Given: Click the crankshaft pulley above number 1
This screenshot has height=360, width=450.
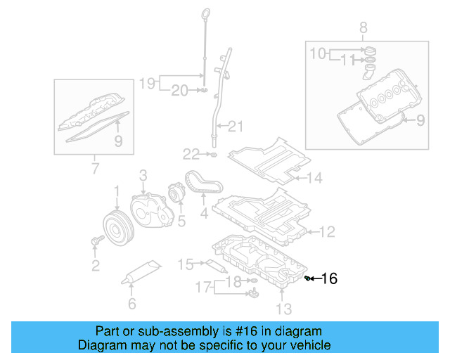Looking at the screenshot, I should [116, 226].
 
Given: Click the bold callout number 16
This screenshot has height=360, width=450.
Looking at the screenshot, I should [329, 279].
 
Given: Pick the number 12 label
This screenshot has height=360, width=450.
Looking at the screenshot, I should [328, 231].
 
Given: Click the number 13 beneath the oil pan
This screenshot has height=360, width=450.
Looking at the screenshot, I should [283, 308].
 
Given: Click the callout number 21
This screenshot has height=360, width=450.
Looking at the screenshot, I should [234, 127].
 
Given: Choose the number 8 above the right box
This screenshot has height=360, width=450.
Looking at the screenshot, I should [364, 28].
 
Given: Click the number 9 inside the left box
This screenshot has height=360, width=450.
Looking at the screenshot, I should [118, 141].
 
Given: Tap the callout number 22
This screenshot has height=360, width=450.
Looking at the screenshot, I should [191, 154].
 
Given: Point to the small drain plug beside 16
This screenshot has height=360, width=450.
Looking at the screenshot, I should [308, 279].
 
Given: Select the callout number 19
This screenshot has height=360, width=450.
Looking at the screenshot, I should [146, 83].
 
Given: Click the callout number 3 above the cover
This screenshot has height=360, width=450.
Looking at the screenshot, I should [143, 174].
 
